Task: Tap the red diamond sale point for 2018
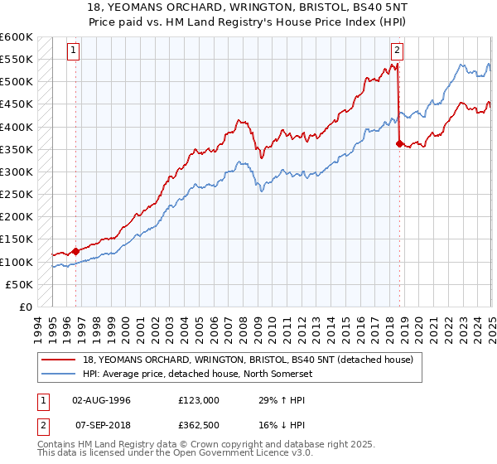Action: [399, 143]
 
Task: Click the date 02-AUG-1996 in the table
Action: [101, 399]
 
